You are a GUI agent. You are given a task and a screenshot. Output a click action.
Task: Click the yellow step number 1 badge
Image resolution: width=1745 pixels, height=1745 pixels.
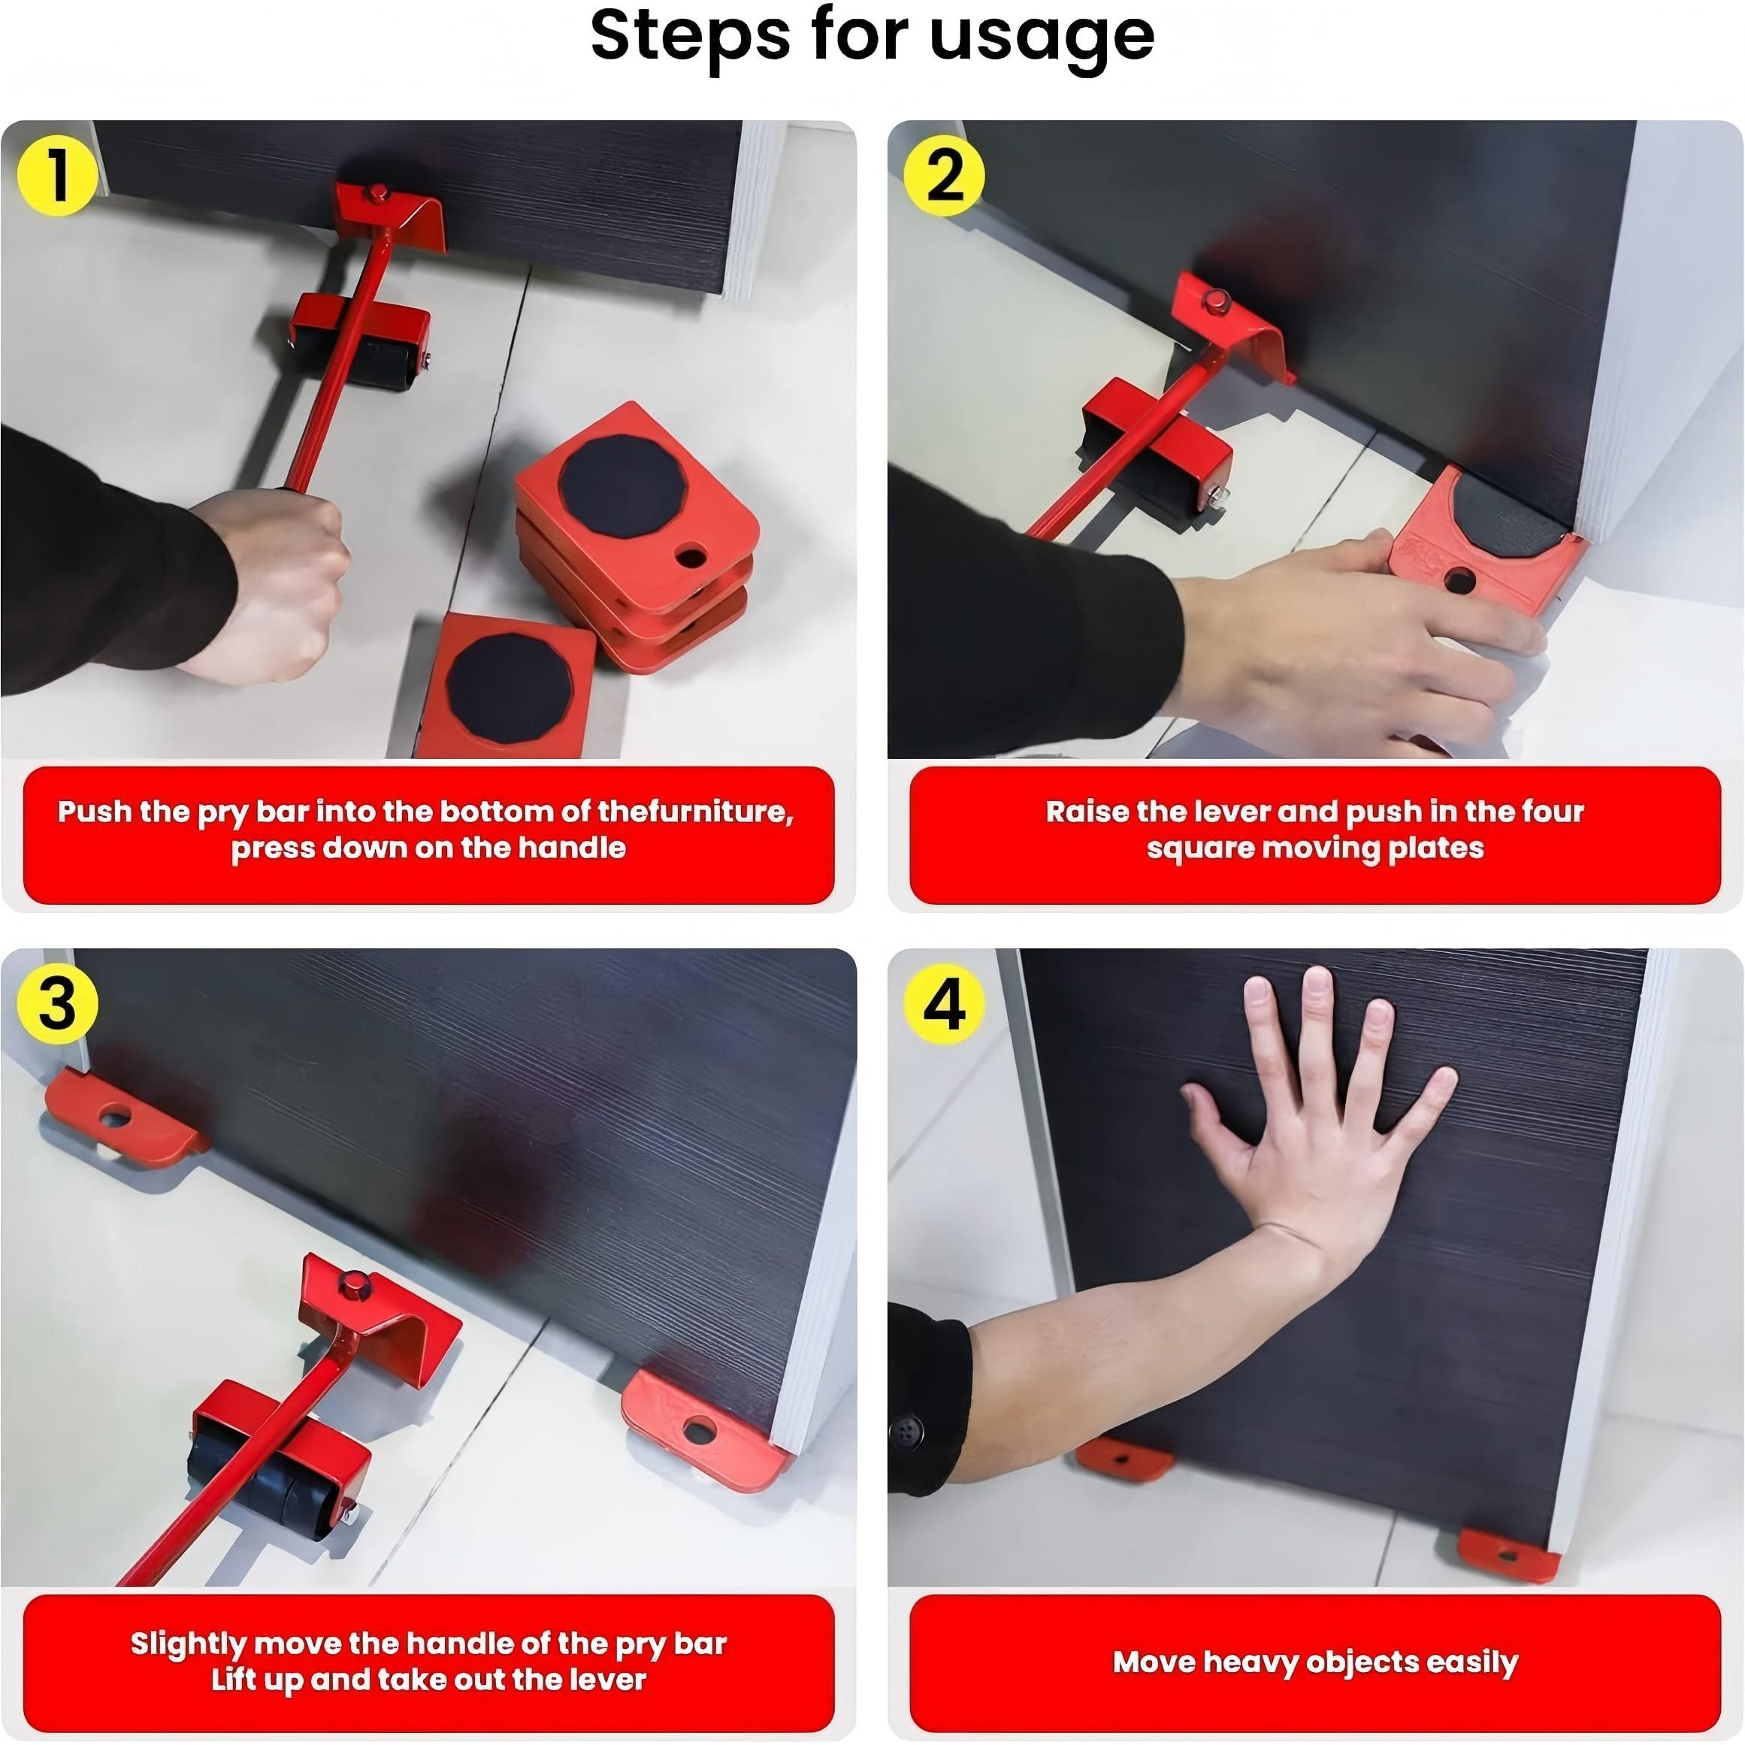(57, 175)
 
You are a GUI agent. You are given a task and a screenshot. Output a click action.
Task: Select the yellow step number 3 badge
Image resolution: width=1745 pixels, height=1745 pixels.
(57, 1003)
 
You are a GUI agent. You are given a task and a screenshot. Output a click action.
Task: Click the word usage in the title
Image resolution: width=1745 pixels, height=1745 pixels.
(1042, 38)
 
